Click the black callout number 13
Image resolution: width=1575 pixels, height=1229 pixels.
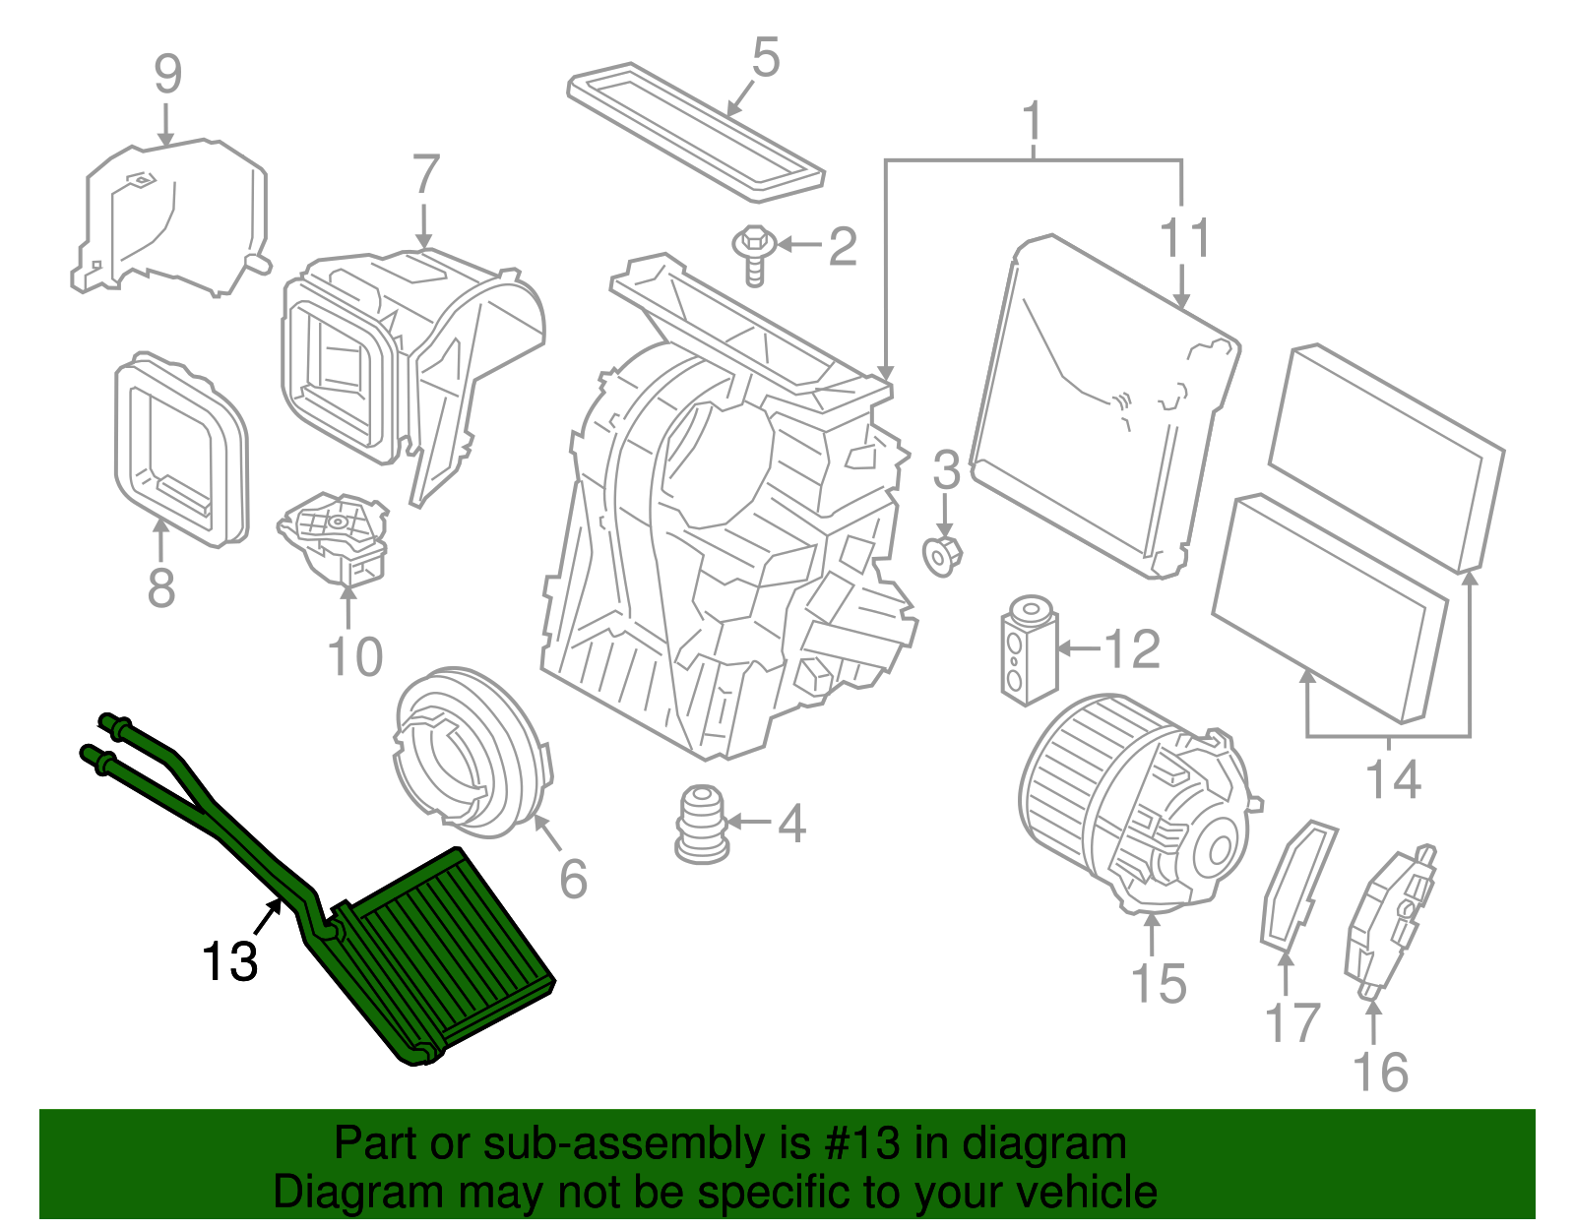(x=229, y=961)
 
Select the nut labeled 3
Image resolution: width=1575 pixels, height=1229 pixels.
(x=942, y=556)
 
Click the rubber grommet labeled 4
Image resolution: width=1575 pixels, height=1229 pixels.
(x=701, y=825)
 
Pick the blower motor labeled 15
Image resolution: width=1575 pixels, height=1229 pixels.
(x=1132, y=802)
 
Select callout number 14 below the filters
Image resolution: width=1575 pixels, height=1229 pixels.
(x=1393, y=780)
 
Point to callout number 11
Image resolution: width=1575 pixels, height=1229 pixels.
(x=1184, y=239)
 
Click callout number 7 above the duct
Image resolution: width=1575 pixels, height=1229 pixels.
(x=424, y=175)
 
